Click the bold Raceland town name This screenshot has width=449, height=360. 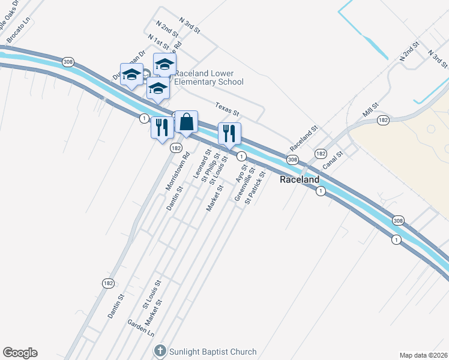click(x=300, y=179)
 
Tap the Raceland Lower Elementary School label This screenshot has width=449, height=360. click(x=209, y=77)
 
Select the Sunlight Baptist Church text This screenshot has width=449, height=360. click(x=213, y=352)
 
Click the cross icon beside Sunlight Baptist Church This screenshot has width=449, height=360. click(x=160, y=351)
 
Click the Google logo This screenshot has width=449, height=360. click(x=20, y=353)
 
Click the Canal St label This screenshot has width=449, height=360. click(x=332, y=161)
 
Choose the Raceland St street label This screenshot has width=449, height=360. click(x=303, y=139)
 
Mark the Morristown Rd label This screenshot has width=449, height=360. click(x=178, y=171)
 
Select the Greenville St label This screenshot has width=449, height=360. click(x=246, y=184)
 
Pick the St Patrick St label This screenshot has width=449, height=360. click(x=255, y=188)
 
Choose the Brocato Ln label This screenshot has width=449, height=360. click(x=18, y=32)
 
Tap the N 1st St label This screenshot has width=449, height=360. click(x=161, y=44)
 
